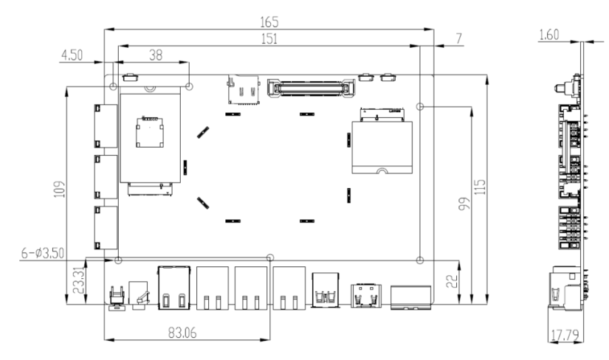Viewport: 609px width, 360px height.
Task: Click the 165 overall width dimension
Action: click(269, 22)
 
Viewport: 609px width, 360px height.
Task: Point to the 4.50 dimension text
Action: click(73, 55)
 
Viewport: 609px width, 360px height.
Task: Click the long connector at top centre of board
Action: click(310, 88)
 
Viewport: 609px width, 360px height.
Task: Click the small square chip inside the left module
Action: click(148, 131)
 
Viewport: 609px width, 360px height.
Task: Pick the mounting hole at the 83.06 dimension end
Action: click(269, 257)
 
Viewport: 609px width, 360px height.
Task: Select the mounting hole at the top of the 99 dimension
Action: click(420, 106)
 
